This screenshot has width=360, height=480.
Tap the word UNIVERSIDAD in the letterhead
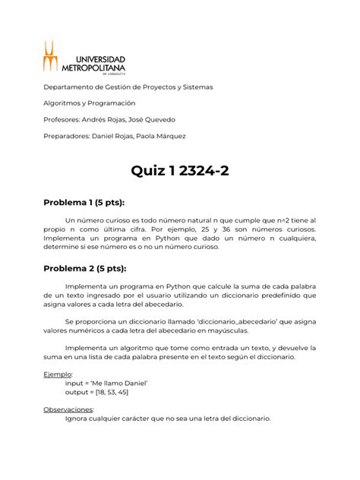[99, 57]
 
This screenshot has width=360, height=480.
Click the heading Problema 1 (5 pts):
[84, 203]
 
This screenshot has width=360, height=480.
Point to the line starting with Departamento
[128, 87]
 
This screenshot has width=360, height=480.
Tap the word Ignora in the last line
[81, 418]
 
